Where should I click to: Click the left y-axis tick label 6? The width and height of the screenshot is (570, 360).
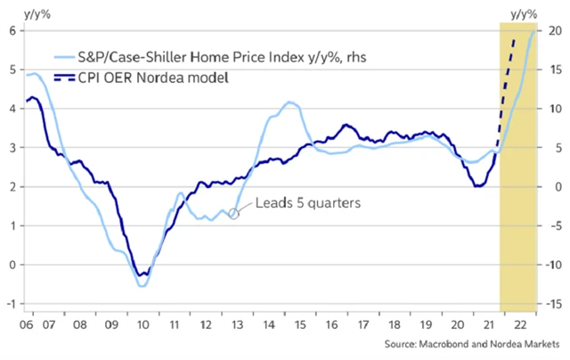(12, 30)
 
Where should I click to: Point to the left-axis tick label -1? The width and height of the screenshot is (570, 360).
(11, 304)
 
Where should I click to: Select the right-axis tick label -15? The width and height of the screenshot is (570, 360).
(552, 304)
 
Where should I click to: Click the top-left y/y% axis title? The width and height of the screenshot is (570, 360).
(22, 11)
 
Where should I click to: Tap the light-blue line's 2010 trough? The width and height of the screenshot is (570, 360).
(142, 285)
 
